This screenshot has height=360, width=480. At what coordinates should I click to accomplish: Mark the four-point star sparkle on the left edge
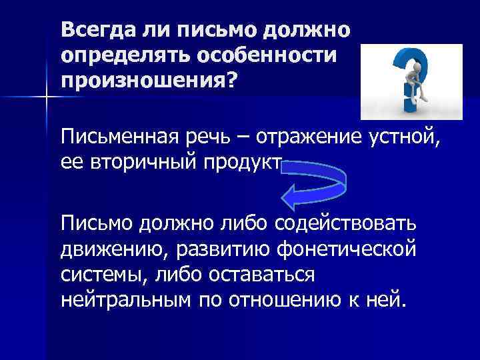pyautogui.click(x=47, y=99)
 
